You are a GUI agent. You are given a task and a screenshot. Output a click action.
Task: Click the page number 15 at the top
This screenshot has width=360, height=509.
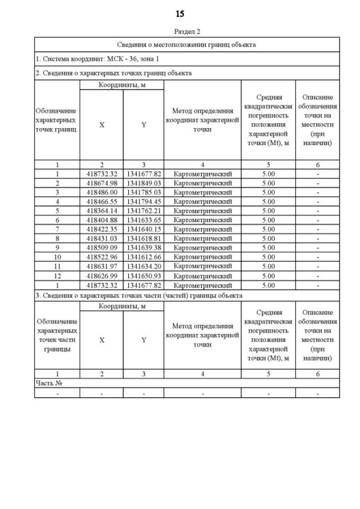click(x=179, y=13)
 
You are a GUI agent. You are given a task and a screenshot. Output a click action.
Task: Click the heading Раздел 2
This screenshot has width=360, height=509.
click(x=187, y=32)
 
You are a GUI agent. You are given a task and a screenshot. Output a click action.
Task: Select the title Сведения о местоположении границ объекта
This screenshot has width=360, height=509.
click(x=187, y=44)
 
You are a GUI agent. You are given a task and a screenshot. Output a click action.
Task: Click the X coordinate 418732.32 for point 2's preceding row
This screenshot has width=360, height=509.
click(x=101, y=174)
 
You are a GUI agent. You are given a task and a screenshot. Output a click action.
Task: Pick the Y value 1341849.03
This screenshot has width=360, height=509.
click(x=143, y=183)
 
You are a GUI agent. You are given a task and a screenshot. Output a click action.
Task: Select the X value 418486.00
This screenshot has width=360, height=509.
click(x=101, y=192)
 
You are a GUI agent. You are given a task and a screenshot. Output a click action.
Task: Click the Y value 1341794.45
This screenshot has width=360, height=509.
click(x=143, y=201)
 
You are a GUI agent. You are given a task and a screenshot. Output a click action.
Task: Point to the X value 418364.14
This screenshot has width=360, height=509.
click(x=101, y=211)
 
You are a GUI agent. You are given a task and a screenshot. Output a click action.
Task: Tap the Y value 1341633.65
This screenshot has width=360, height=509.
click(x=143, y=220)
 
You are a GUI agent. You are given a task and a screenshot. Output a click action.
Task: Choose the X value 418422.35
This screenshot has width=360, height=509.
click(x=101, y=229)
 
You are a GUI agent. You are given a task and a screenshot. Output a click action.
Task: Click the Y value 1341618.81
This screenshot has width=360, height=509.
click(x=143, y=238)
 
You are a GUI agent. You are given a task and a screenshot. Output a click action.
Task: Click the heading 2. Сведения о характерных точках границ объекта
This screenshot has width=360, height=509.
click(x=113, y=73)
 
